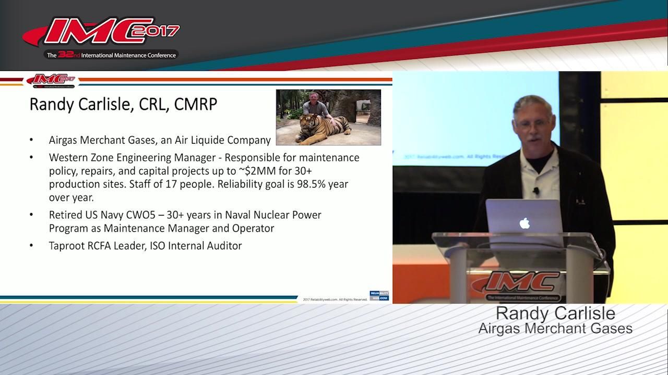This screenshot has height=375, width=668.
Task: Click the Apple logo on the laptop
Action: (524, 223)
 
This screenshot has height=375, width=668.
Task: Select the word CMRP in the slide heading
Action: (196, 104)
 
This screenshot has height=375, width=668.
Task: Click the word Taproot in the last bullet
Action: (66, 245)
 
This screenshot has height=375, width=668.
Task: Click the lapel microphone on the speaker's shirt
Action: (536, 191)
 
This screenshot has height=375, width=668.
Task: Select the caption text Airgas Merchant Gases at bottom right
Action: (555, 329)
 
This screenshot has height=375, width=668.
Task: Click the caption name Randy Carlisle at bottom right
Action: (555, 314)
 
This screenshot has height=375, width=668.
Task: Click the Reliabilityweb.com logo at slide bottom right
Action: (379, 295)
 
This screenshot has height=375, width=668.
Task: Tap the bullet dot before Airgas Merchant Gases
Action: (32, 140)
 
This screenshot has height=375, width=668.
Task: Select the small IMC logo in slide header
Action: (51, 80)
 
